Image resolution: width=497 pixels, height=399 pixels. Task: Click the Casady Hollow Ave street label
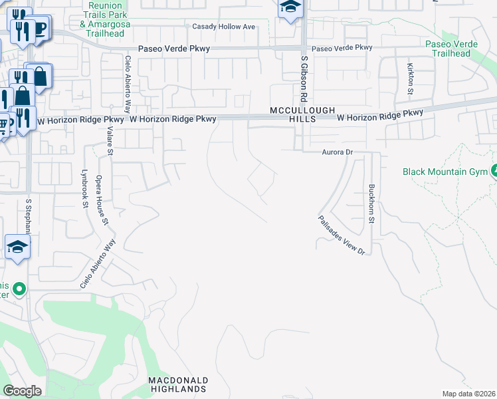point(223,27)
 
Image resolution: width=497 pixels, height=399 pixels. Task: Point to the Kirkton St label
point(411,78)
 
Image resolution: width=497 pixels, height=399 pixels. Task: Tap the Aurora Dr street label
point(336,152)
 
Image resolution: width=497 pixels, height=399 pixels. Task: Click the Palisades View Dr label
point(342,235)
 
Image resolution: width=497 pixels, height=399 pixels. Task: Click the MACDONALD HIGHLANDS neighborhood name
point(178,384)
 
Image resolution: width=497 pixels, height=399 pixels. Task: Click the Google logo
point(21,391)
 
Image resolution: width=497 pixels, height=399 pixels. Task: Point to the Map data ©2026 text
point(468,394)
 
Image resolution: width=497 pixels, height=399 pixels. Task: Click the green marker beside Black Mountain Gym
point(494,172)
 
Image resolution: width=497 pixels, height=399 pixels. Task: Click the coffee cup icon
point(40,28)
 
